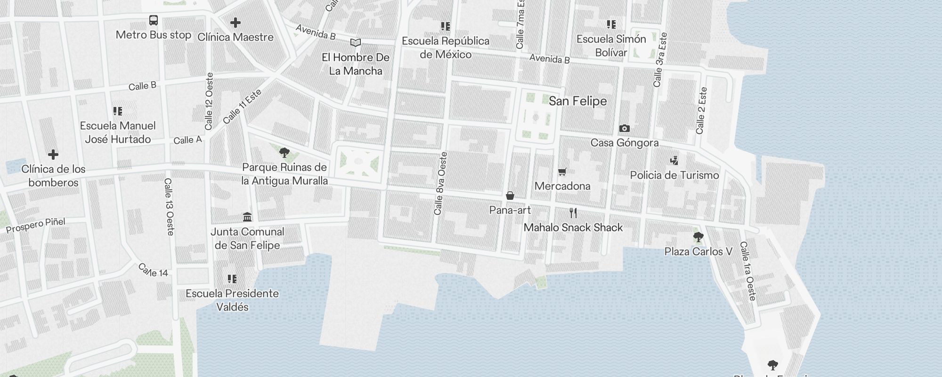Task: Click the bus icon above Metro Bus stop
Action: pos(154,20)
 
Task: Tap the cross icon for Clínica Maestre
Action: pos(235,22)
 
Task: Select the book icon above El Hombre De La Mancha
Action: pos(356,43)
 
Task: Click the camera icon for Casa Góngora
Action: pos(625,128)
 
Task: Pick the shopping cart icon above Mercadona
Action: pos(562,172)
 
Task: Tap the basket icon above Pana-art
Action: pos(510,196)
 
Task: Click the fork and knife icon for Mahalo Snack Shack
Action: pos(573,213)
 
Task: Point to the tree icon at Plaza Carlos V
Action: pos(698,237)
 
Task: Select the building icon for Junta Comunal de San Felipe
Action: pos(247,217)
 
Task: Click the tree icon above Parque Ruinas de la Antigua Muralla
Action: pos(284,152)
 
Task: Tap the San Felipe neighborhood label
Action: pos(577,101)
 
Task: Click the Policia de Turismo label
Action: pos(674,175)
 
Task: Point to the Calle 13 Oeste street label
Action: pos(169,206)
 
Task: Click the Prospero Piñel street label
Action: pos(36,226)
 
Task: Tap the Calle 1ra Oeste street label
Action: pos(747,271)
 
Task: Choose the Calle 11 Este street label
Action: pos(242,107)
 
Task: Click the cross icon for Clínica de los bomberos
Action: pos(53,154)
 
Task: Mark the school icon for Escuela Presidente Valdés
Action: pos(232,279)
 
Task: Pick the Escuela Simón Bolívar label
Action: pos(611,46)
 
